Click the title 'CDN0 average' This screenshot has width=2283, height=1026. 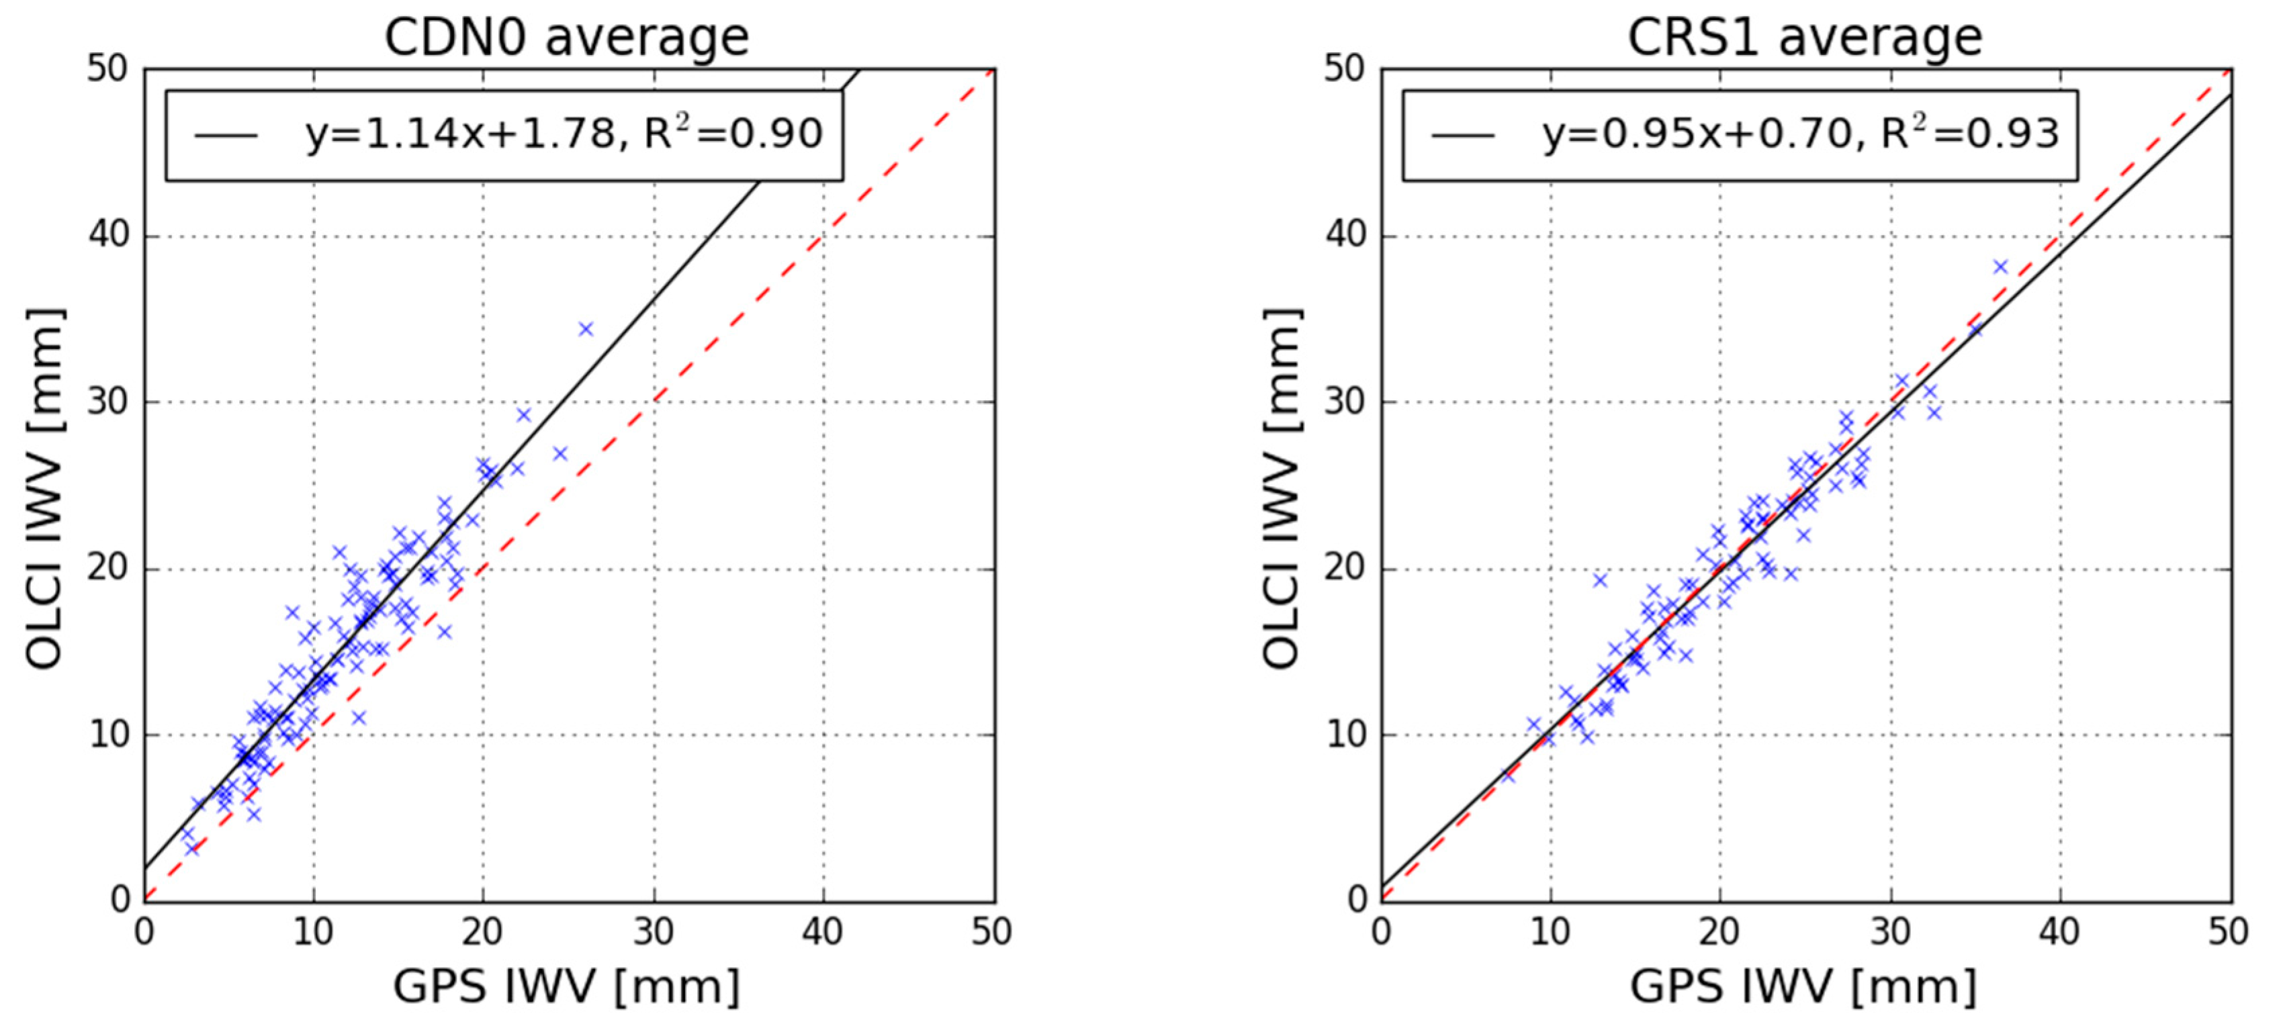[566, 37]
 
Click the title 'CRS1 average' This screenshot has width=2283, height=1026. [1804, 37]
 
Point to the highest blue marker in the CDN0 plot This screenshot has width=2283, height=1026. [585, 329]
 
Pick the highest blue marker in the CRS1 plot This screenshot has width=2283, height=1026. [2000, 267]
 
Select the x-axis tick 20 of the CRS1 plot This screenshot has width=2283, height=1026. [1719, 931]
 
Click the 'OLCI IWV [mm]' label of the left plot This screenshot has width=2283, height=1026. [44, 487]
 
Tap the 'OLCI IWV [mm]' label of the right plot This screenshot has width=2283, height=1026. [1282, 487]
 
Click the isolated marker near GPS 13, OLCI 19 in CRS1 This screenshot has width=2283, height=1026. [1600, 580]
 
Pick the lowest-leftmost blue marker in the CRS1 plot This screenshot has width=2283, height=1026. [1509, 776]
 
